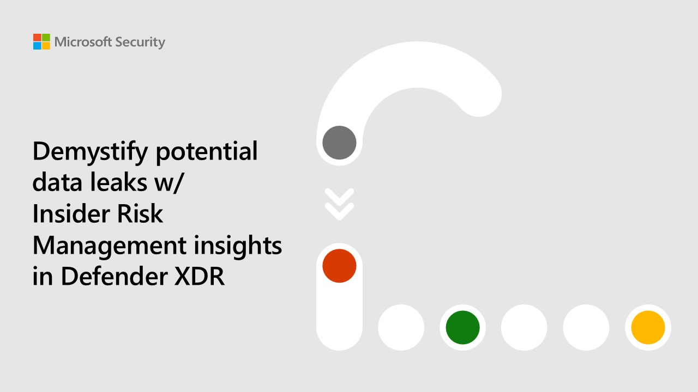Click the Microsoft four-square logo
(41, 42)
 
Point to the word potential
(207, 151)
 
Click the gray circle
(339, 143)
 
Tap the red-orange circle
(339, 266)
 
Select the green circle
(462, 328)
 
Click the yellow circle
(648, 328)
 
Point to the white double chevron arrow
(339, 204)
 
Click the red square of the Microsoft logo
(37, 38)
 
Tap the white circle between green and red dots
(401, 328)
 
